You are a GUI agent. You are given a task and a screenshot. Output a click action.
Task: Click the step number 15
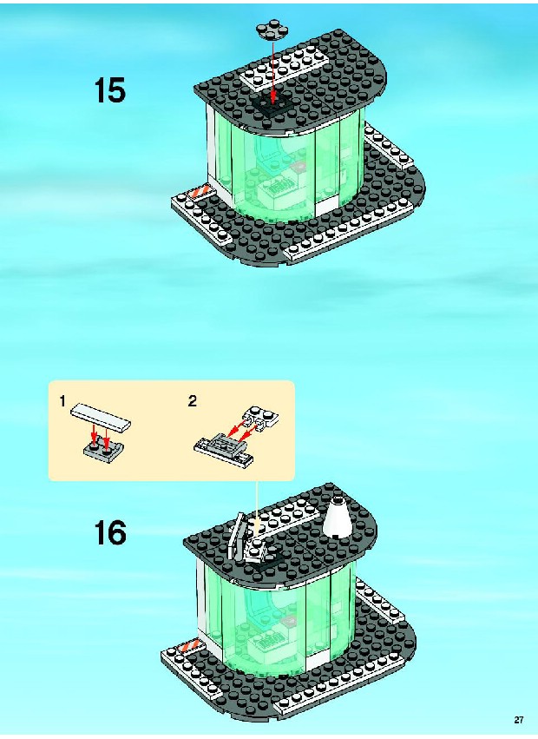pos(110,90)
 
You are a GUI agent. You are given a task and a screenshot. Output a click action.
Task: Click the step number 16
pos(110,532)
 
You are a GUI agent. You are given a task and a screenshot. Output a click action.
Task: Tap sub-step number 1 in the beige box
pos(62,401)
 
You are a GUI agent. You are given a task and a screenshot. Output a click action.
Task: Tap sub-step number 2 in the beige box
pos(193,401)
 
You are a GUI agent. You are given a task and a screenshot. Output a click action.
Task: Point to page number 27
pos(519,720)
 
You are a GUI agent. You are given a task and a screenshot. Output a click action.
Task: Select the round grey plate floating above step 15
pos(272,30)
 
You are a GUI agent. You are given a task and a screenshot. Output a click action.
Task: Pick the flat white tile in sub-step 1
pos(101,418)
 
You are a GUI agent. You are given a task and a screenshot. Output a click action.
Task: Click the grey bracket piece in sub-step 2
pos(224,450)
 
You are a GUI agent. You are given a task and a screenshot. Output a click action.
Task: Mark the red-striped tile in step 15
pos(199,194)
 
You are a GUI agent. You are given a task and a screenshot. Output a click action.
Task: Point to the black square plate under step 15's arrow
pos(267,104)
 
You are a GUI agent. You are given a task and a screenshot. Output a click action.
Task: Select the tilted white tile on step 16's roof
pos(235,535)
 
